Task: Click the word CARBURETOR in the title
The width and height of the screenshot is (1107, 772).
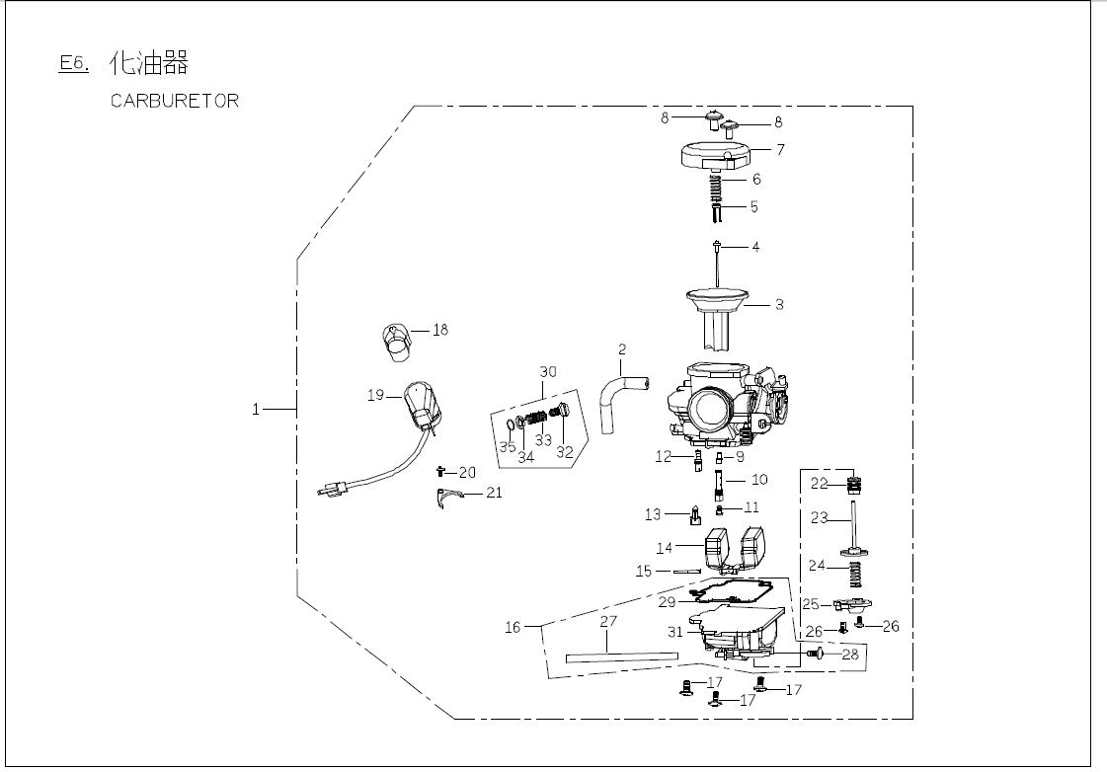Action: (x=175, y=101)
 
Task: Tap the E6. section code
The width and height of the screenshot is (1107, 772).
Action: (x=74, y=64)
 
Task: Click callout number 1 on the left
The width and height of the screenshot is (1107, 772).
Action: (x=256, y=409)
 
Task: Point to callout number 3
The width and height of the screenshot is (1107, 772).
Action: (x=779, y=305)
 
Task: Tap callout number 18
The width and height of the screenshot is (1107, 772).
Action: (x=440, y=330)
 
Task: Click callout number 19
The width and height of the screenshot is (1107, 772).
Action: (x=375, y=395)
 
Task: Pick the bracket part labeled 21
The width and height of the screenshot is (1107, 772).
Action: (x=444, y=499)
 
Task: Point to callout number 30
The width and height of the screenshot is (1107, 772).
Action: (x=548, y=371)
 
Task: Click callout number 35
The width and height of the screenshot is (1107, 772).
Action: (x=508, y=447)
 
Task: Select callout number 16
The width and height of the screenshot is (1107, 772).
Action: (x=513, y=627)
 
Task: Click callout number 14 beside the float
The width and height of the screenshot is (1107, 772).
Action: (x=666, y=547)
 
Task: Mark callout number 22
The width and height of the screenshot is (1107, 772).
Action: (x=819, y=483)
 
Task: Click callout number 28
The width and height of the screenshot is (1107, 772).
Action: (x=851, y=654)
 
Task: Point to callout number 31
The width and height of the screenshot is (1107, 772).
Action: (x=675, y=632)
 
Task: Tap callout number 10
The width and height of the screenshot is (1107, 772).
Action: (x=759, y=480)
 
